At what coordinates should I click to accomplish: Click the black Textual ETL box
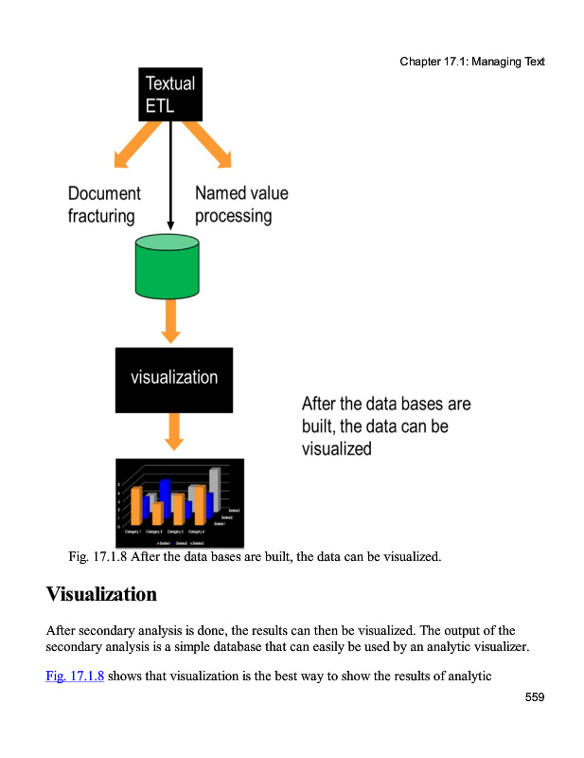pos(170,94)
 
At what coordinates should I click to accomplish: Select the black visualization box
pos(173,379)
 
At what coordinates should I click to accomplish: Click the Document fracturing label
pos(103,205)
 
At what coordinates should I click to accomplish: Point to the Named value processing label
pos(240,205)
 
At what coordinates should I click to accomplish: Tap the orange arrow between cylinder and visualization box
pos(170,322)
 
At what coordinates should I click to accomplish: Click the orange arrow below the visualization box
pos(173,432)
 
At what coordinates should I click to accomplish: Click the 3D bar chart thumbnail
pos(180,502)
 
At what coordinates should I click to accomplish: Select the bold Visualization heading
pos(101,595)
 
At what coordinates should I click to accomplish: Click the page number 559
pos(535,697)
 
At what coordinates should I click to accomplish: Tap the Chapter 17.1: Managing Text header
pos(471,63)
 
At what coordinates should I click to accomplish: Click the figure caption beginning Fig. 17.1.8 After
pos(255,556)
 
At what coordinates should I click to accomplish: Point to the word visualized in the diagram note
pos(336,449)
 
